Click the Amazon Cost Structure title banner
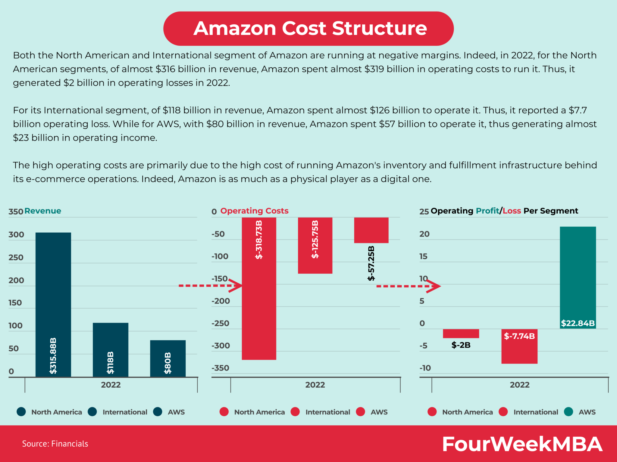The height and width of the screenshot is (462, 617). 308,29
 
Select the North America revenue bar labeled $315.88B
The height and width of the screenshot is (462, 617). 53,304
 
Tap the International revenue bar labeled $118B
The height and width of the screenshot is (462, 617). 111,349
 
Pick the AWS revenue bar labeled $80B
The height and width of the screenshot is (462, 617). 168,358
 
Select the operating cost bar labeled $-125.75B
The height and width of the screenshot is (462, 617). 315,245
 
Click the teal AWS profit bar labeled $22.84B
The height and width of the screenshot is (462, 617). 578,277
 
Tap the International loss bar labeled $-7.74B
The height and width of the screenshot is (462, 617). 519,346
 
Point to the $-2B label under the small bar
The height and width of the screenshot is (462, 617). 461,345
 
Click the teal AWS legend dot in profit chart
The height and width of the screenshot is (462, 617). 568,412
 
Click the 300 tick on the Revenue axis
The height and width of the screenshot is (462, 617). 16,235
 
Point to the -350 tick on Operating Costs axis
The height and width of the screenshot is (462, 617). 220,368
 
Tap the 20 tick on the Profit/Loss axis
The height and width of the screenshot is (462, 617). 424,234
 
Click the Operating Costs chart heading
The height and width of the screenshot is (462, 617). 254,211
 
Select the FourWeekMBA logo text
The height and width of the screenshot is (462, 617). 522,444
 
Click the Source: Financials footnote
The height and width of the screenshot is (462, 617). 55,444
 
